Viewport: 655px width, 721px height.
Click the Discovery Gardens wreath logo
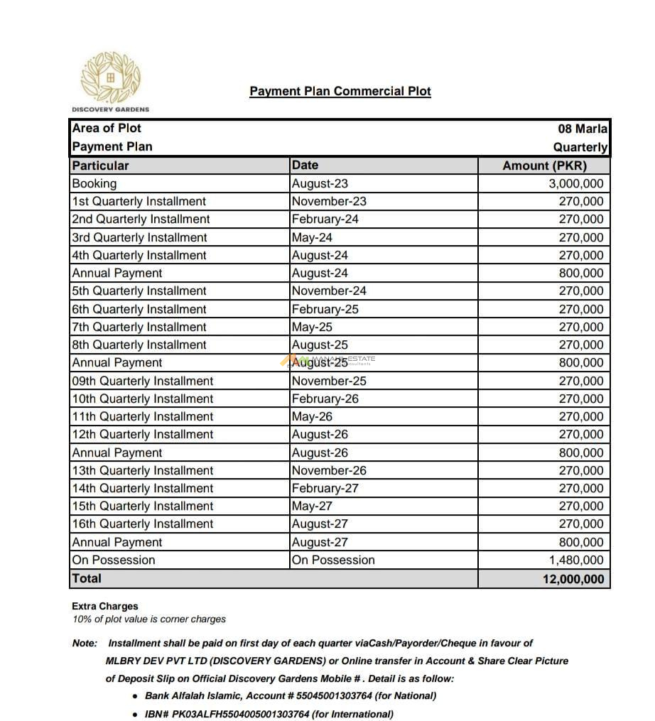[111, 77]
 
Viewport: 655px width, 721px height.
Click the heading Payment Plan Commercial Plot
[340, 91]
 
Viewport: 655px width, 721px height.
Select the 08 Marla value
[583, 129]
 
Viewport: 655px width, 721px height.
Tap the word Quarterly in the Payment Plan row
[580, 147]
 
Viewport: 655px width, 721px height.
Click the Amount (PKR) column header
[544, 166]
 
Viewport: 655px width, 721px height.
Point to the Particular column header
[101, 166]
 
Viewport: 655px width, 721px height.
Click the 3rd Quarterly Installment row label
[139, 237]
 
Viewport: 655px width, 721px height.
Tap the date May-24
[312, 237]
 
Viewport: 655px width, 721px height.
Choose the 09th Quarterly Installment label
[142, 381]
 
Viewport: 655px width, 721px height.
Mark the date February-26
[325, 399]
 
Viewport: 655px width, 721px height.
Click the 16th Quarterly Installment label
[142, 524]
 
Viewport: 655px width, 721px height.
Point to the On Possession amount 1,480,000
[576, 560]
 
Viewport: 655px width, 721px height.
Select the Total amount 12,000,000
[573, 579]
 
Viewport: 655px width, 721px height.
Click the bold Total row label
[87, 578]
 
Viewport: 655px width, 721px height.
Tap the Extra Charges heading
[105, 606]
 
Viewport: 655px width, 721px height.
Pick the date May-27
[312, 506]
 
